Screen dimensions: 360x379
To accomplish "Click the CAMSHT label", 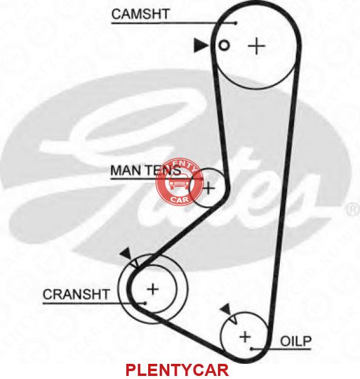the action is click(x=140, y=14).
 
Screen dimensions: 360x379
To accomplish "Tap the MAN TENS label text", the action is click(x=146, y=170).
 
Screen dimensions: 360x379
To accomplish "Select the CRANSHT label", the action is click(x=76, y=294).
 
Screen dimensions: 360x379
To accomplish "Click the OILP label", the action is click(x=296, y=341).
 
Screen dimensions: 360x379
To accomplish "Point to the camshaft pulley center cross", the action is click(x=256, y=45).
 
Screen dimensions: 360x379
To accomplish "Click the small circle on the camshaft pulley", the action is click(x=224, y=45).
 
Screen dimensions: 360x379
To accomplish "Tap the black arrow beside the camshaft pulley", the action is click(x=201, y=45).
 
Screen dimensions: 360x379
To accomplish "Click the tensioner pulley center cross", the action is click(x=208, y=188).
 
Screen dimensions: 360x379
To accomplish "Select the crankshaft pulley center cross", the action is click(x=152, y=289).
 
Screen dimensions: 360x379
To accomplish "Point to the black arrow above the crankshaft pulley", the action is click(x=126, y=253).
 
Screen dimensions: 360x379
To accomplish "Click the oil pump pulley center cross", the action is click(x=245, y=337).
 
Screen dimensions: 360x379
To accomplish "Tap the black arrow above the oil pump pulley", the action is click(x=226, y=309).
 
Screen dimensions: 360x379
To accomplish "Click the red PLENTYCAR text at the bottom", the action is click(x=177, y=370).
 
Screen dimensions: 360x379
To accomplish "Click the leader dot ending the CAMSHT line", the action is click(x=236, y=23).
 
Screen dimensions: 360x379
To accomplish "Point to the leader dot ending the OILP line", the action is click(x=251, y=349).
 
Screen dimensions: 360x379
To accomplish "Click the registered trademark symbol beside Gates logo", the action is click(x=353, y=210).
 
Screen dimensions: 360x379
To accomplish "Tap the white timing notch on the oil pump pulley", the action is click(x=233, y=320).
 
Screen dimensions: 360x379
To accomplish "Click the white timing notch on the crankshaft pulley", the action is click(x=135, y=264).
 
